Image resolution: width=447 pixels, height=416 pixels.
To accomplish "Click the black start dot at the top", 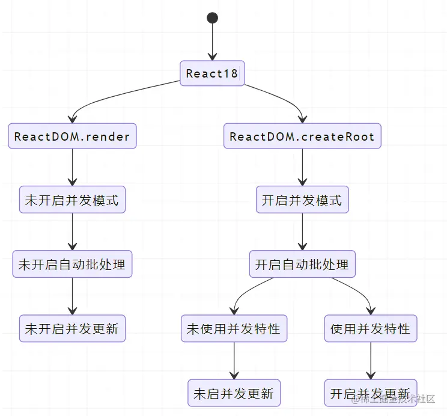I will click(x=212, y=17).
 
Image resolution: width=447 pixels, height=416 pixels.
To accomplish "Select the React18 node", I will click(x=212, y=73).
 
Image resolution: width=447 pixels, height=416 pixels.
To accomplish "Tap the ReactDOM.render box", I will click(x=72, y=136).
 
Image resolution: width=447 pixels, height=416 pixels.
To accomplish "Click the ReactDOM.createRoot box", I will click(x=302, y=136).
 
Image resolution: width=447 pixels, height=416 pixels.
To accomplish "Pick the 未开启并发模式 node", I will click(x=72, y=200).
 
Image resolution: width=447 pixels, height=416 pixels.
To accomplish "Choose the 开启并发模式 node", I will click(x=302, y=200).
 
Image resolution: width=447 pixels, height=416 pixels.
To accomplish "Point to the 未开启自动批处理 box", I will click(x=72, y=264).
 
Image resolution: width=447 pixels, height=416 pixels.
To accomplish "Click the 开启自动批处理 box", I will click(x=302, y=264).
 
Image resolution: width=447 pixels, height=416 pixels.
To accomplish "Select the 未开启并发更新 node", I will click(x=72, y=328).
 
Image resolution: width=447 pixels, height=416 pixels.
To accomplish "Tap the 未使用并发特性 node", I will click(x=234, y=328).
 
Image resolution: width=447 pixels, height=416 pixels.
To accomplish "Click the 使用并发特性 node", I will click(x=370, y=328).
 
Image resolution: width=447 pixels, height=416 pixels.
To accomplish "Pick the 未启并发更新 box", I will click(x=234, y=393).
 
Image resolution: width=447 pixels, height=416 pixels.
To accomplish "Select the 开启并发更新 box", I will click(x=370, y=393).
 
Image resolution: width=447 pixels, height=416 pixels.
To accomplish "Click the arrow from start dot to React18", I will click(x=212, y=42).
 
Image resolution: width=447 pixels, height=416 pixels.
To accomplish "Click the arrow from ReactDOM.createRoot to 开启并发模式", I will click(x=302, y=167).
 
